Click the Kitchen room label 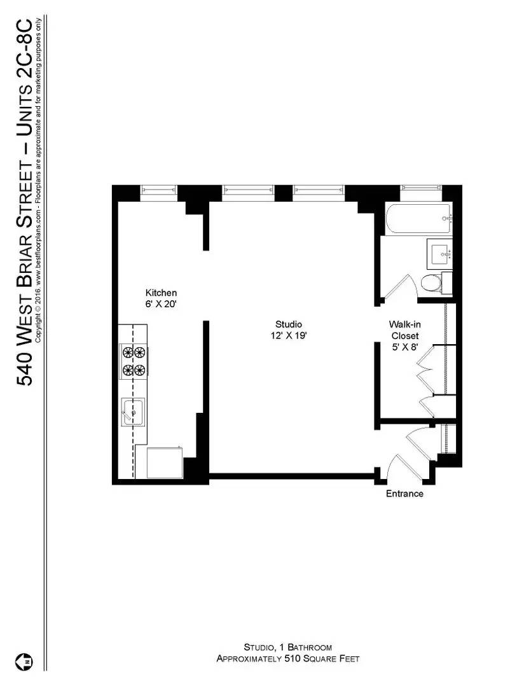[161, 293]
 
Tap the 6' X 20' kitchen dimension [161, 304]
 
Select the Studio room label [289, 324]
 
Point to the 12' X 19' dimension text [289, 336]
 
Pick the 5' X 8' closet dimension [404, 347]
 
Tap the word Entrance [404, 494]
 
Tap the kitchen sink [133, 413]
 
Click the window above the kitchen [158, 190]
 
